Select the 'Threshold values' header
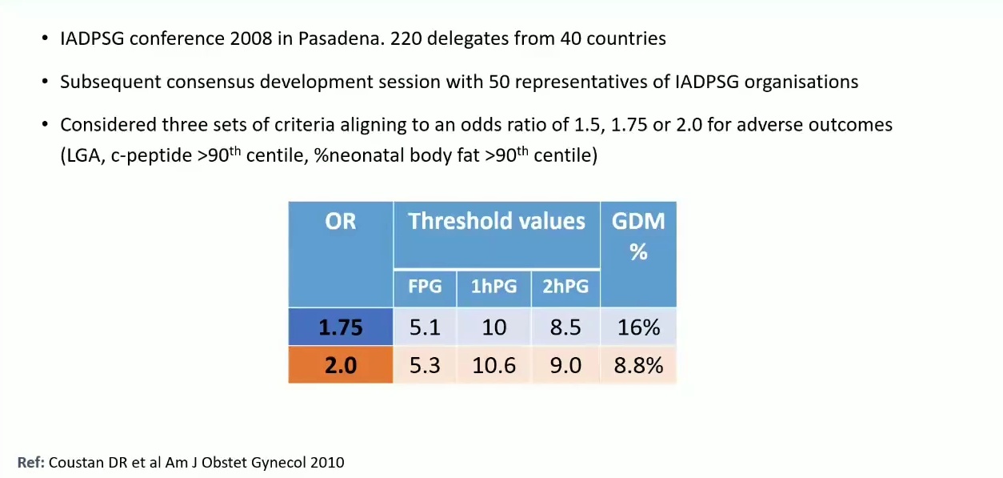coord(497,222)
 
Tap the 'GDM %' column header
coord(637,236)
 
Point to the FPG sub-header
coord(425,286)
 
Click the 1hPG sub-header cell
coord(494,286)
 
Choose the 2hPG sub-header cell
coord(565,286)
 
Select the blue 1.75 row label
coord(341,327)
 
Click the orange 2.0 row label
coord(341,366)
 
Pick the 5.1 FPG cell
coord(425,327)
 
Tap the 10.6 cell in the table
coord(494,366)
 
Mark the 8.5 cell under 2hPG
coord(565,327)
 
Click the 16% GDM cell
coord(637,327)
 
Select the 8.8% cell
coord(637,366)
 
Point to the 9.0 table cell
coord(565,366)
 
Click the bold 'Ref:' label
coord(31,462)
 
